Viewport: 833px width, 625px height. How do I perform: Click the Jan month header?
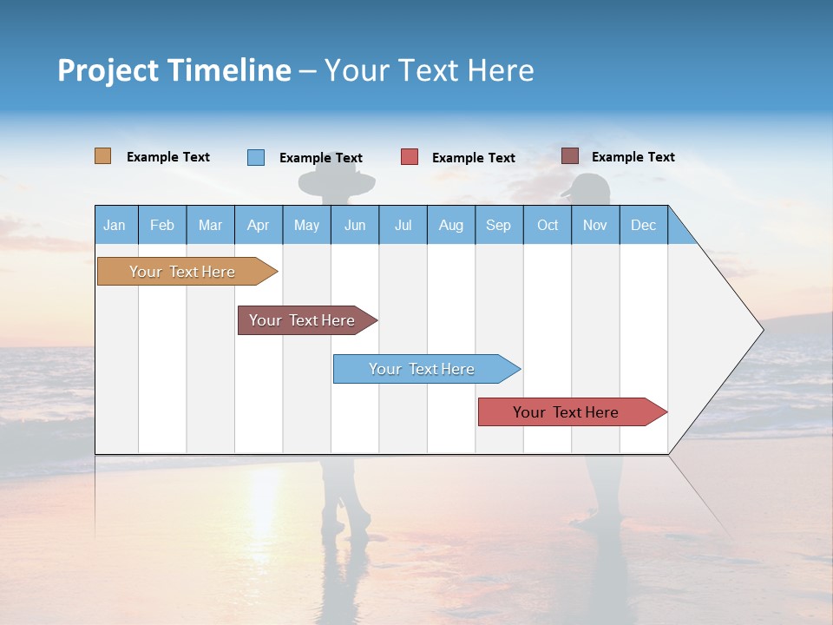(115, 225)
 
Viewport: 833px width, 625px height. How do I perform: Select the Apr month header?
(258, 225)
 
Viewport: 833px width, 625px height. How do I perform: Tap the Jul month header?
(403, 225)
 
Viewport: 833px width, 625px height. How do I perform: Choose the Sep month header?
(498, 225)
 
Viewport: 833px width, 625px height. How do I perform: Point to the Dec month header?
(643, 225)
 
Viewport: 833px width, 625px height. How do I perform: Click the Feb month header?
(162, 225)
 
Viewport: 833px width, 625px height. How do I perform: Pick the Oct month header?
(548, 225)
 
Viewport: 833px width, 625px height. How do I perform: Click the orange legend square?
(103, 156)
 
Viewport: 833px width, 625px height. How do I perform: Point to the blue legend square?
(256, 157)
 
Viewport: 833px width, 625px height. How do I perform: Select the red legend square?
(410, 157)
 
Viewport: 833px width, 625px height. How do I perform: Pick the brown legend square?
(570, 156)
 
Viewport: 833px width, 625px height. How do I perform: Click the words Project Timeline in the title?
(174, 70)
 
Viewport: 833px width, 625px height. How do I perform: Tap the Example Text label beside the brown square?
(633, 157)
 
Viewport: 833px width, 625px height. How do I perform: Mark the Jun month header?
(355, 225)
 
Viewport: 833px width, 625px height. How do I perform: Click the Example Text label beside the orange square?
(167, 157)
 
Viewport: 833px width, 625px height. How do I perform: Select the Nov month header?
(595, 225)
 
